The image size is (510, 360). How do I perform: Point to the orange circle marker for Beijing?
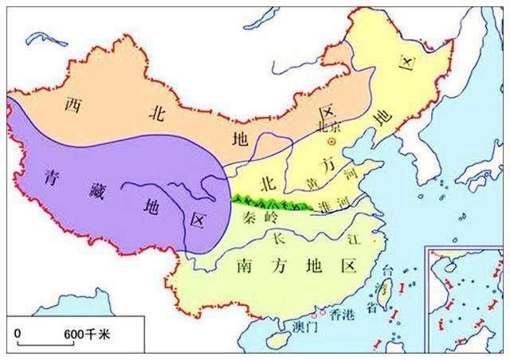(333, 141)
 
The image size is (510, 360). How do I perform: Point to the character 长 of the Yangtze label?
(277, 237)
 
